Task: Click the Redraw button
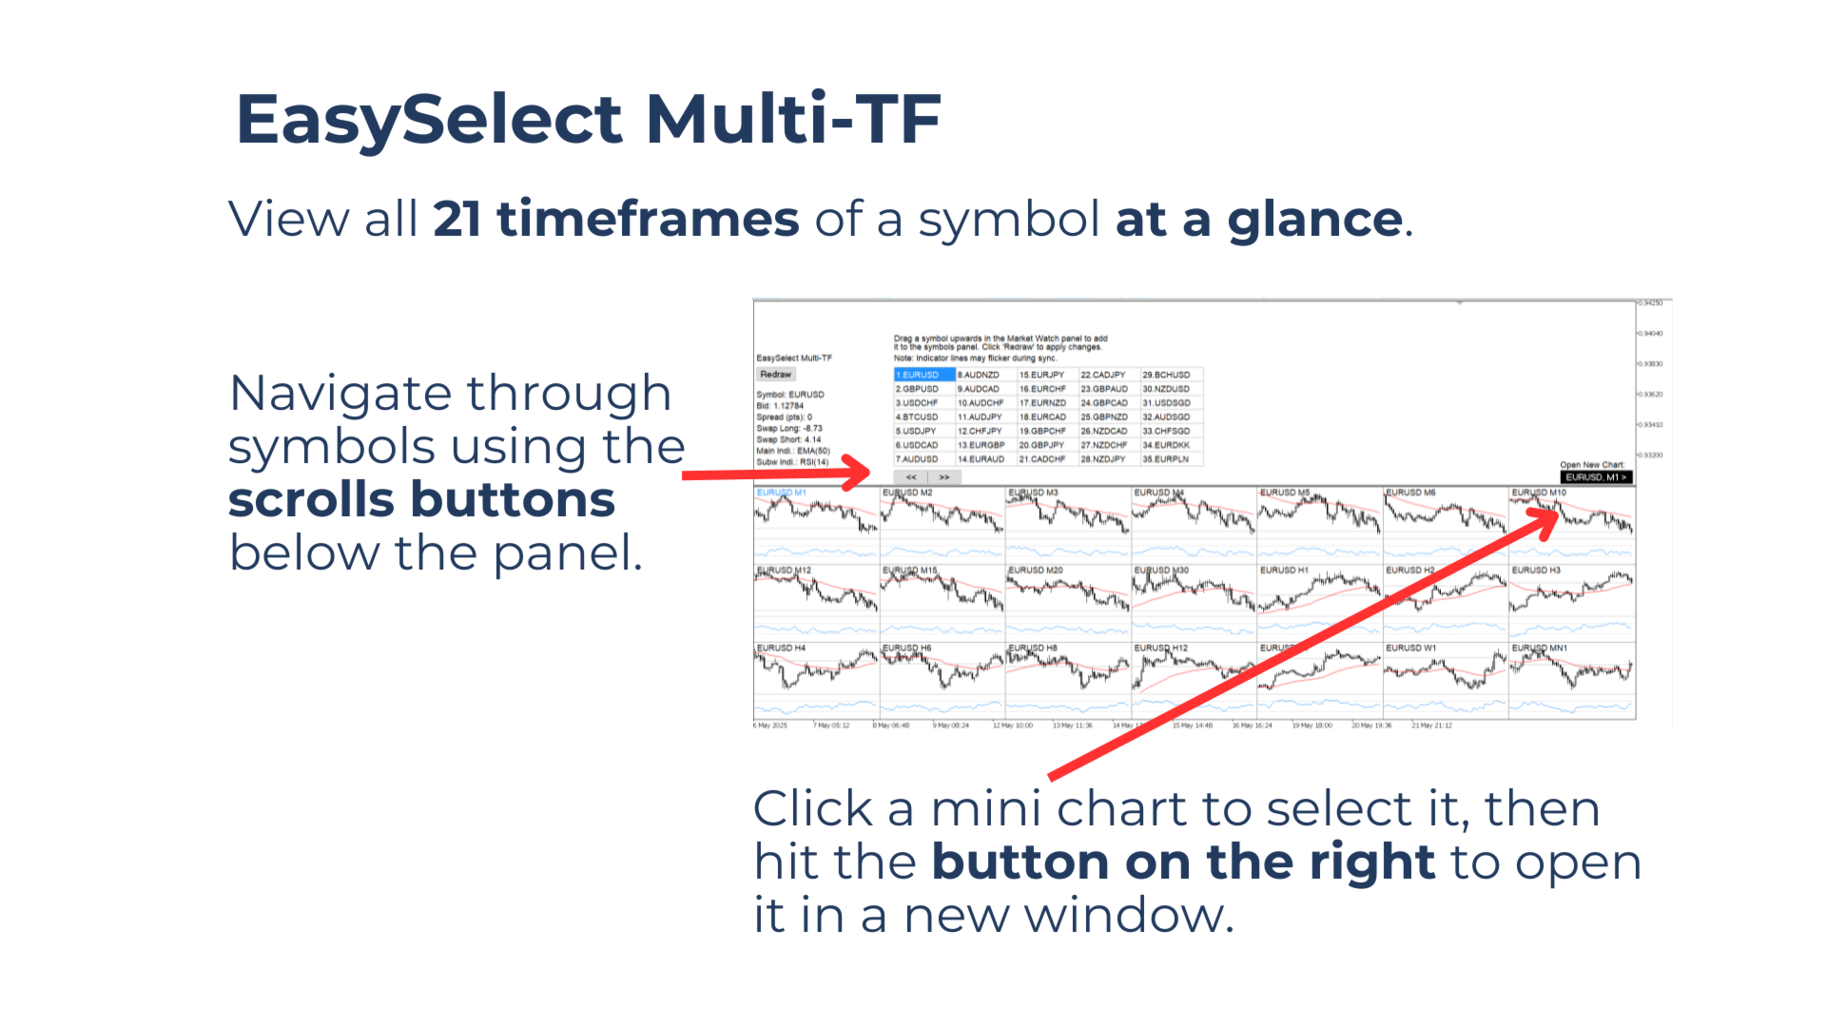pyautogui.click(x=775, y=375)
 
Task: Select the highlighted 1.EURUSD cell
pyautogui.click(x=923, y=375)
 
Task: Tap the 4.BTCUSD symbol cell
pyautogui.click(x=917, y=417)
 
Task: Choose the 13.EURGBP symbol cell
pyautogui.click(x=981, y=445)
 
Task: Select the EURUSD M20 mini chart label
pyautogui.click(x=1036, y=571)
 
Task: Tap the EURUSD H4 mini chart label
pyautogui.click(x=781, y=649)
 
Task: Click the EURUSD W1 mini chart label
pyautogui.click(x=1410, y=649)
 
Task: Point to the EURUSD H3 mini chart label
pyautogui.click(x=1536, y=571)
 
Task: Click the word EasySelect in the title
pyautogui.click(x=429, y=120)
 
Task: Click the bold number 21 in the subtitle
pyautogui.click(x=456, y=220)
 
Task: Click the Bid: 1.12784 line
pyautogui.click(x=780, y=406)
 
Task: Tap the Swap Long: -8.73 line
pyautogui.click(x=789, y=429)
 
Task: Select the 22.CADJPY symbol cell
pyautogui.click(x=1103, y=375)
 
